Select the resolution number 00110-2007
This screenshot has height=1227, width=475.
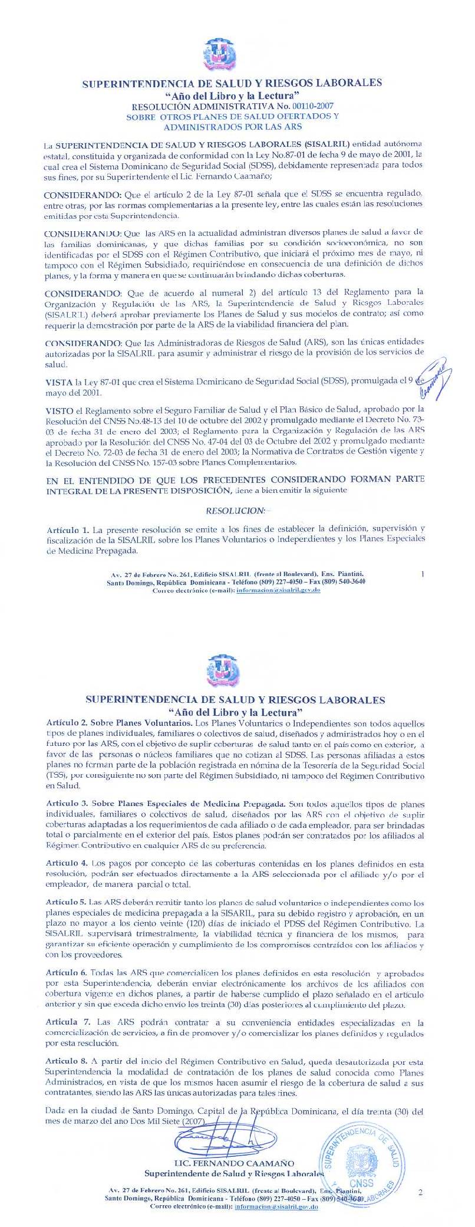(313, 106)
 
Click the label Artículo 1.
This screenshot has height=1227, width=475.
(67, 529)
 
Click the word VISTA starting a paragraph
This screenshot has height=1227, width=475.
(59, 382)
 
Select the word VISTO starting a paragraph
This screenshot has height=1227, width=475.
(60, 409)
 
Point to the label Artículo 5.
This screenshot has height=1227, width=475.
(66, 902)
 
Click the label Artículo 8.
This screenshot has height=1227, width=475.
(66, 1061)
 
